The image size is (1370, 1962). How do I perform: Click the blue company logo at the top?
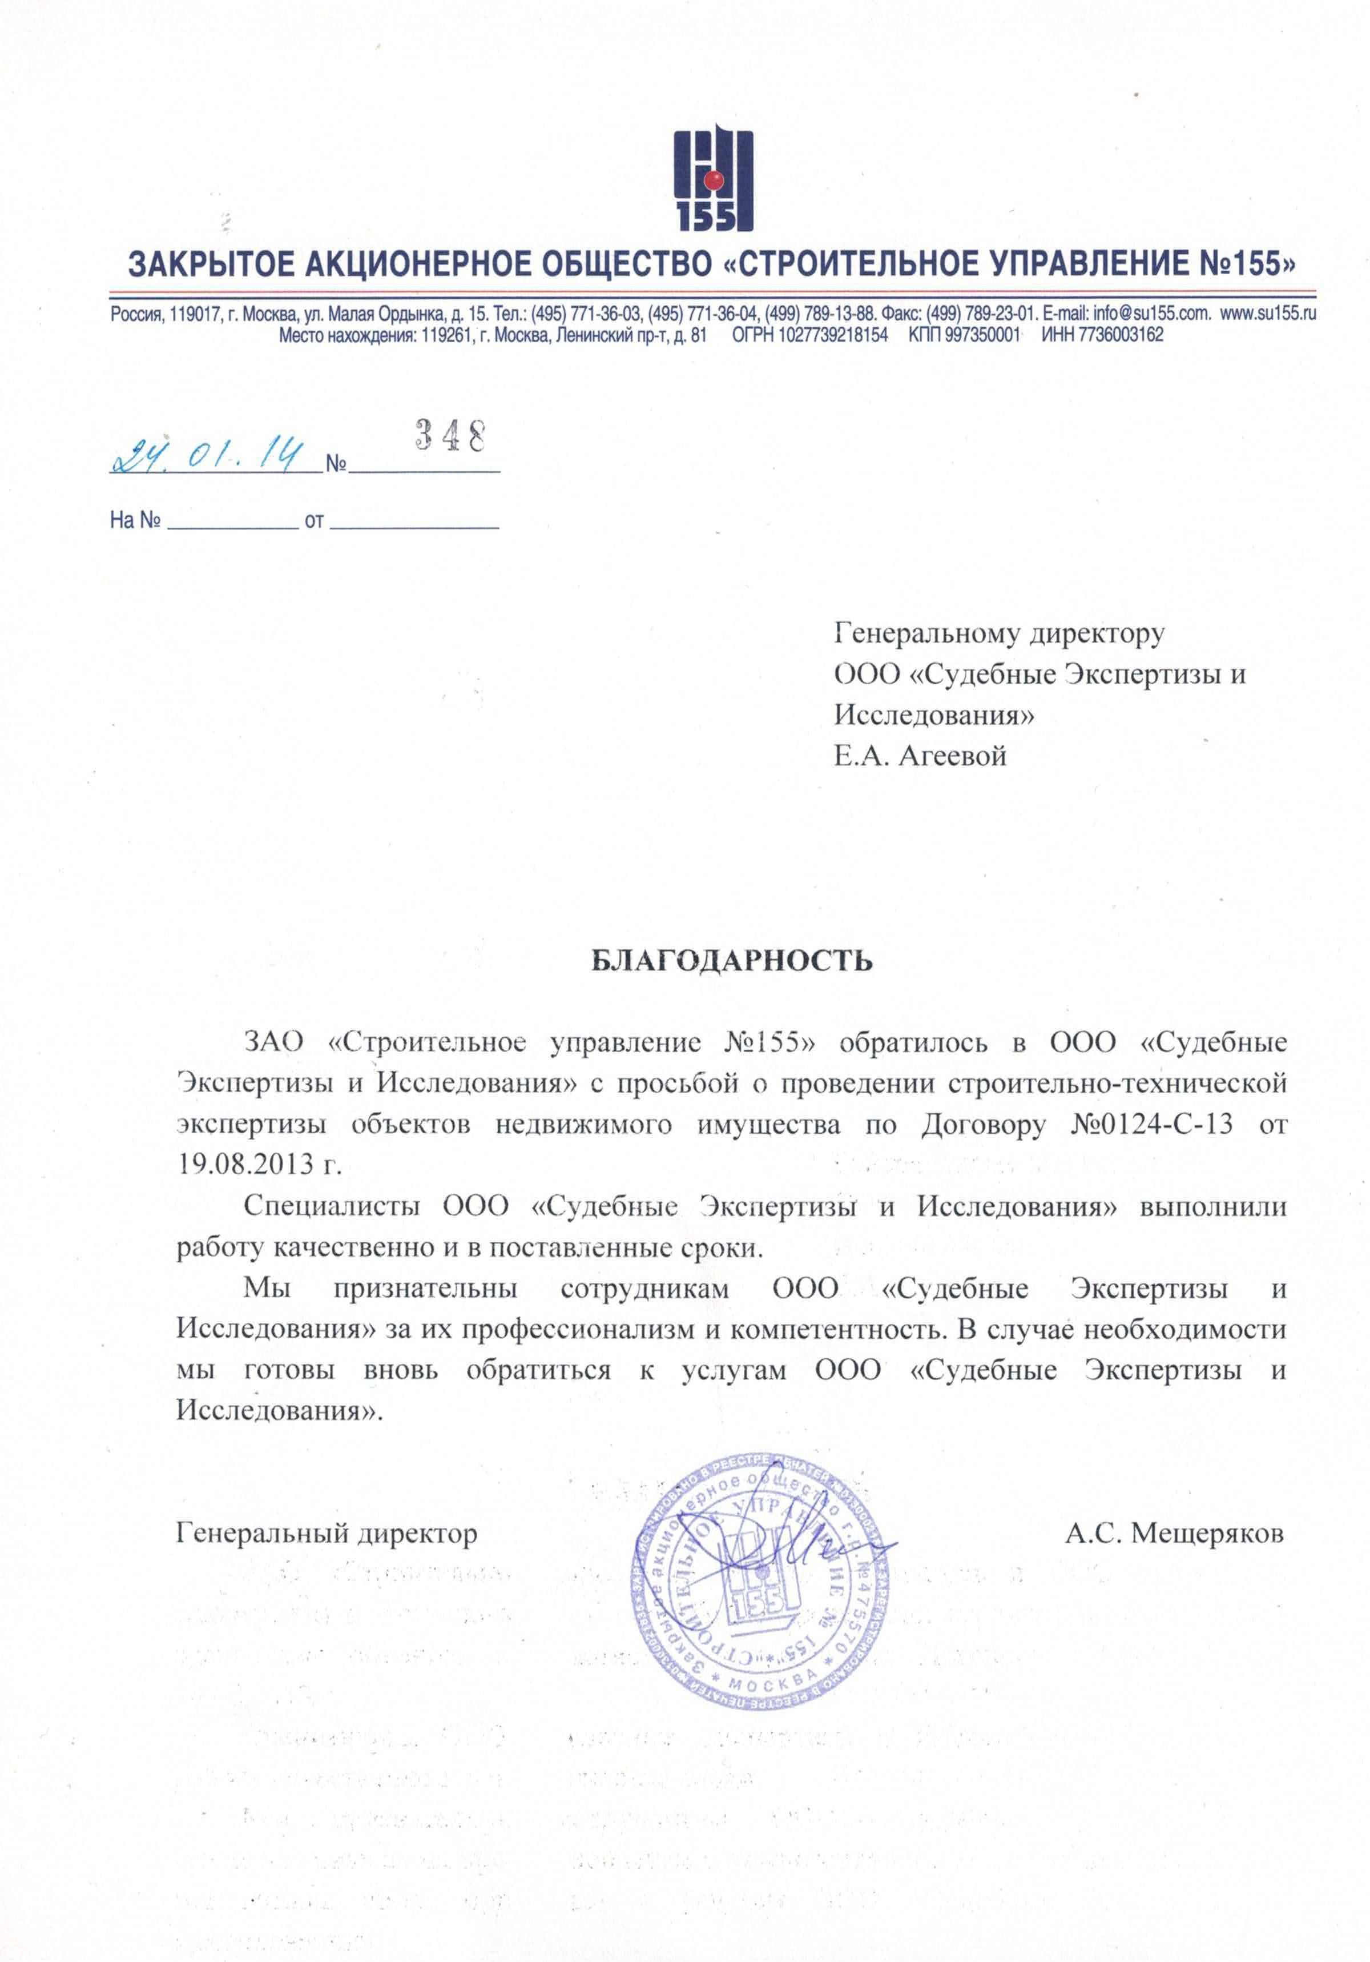[x=712, y=180]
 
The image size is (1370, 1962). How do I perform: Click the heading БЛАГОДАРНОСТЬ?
[x=732, y=961]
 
